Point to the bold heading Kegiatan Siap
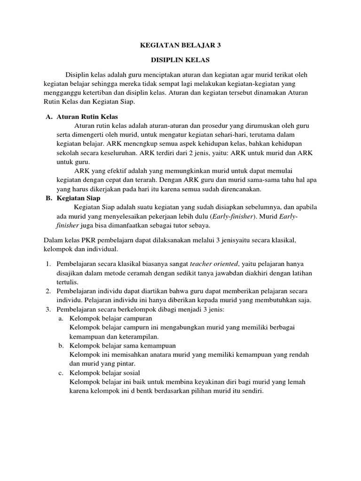[79, 199]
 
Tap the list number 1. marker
[49, 264]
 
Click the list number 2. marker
[49, 291]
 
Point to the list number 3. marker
[49, 309]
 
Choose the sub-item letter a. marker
[62, 318]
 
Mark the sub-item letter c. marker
[62, 373]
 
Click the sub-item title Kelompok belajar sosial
[101, 373]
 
